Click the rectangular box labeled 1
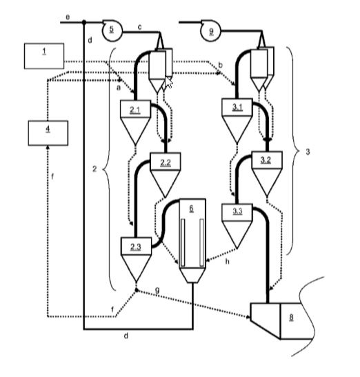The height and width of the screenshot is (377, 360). [x=44, y=56]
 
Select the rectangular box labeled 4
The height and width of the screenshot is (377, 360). [x=48, y=133]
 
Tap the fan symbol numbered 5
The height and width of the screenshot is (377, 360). [x=112, y=31]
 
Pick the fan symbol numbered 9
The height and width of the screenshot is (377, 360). [x=211, y=31]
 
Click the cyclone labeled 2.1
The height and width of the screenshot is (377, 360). [x=135, y=122]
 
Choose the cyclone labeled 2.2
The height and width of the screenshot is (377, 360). [x=166, y=175]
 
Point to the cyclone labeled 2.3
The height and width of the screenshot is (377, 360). [x=136, y=260]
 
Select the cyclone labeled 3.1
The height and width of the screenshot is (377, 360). [x=237, y=121]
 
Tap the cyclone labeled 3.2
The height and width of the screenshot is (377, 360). [x=267, y=174]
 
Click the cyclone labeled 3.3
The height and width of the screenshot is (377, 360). [x=237, y=226]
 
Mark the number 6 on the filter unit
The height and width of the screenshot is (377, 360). [x=192, y=209]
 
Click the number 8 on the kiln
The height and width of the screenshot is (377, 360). [x=291, y=317]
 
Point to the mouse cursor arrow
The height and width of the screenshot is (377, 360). [x=168, y=82]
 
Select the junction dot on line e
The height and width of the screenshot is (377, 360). [x=84, y=22]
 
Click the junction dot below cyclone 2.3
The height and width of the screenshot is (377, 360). [x=137, y=290]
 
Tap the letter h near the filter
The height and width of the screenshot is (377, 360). [x=227, y=261]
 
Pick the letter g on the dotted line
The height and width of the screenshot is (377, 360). [x=157, y=290]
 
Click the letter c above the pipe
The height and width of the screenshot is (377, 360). [x=139, y=27]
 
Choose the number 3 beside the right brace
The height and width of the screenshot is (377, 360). [x=308, y=152]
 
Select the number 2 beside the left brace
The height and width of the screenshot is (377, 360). [x=94, y=169]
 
